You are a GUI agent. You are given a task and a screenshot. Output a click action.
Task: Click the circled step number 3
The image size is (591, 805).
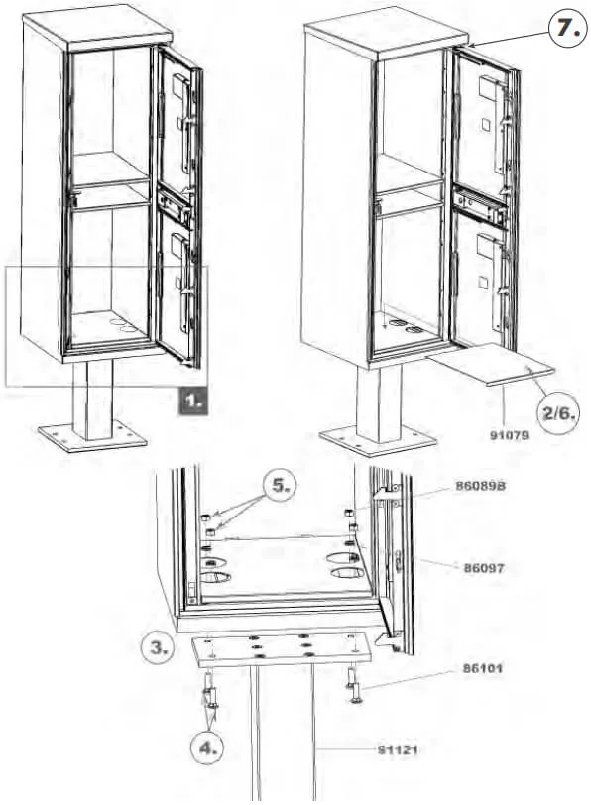point(160,648)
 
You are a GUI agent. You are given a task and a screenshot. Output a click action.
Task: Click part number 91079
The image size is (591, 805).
point(506,432)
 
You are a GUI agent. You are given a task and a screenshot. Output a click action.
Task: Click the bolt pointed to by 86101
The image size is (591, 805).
point(355,684)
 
